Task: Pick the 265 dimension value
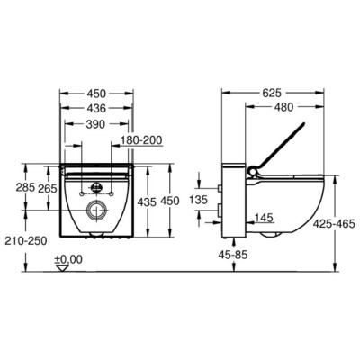click(x=49, y=189)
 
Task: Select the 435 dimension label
click(x=148, y=203)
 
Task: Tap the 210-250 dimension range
click(x=24, y=241)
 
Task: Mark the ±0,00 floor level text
click(x=67, y=260)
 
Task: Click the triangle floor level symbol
click(x=62, y=271)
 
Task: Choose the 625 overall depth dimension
click(x=282, y=91)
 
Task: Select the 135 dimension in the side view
click(x=201, y=198)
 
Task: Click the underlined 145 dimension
click(x=263, y=216)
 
